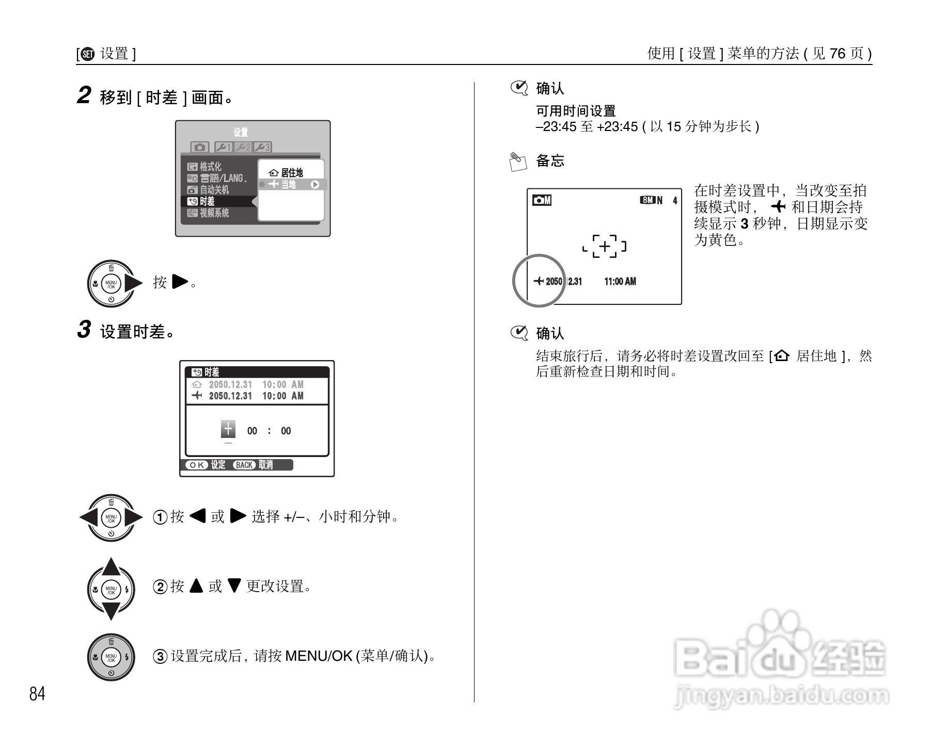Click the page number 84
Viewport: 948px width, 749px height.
coord(37,694)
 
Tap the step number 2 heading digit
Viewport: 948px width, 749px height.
coord(84,95)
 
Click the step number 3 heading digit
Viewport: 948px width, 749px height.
coord(84,330)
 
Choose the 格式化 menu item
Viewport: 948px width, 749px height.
coord(210,167)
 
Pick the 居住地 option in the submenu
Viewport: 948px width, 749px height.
coord(292,173)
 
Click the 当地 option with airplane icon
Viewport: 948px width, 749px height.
coord(288,184)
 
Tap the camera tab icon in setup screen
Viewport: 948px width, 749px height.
coord(199,148)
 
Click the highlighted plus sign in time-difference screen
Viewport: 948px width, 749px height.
coord(228,429)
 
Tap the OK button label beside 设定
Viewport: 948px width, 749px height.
coord(196,465)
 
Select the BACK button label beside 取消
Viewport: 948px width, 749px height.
coord(244,465)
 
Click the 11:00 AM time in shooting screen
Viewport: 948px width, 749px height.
coord(620,282)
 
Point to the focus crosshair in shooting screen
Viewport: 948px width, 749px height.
coord(604,246)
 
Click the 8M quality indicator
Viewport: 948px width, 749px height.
coord(647,200)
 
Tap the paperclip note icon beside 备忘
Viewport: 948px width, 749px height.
coord(518,161)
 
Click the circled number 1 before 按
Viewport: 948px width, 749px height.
coord(160,517)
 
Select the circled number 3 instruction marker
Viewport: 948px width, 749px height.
coord(160,656)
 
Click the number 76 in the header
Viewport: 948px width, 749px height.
coord(838,54)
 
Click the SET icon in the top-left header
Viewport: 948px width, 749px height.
coord(88,54)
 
